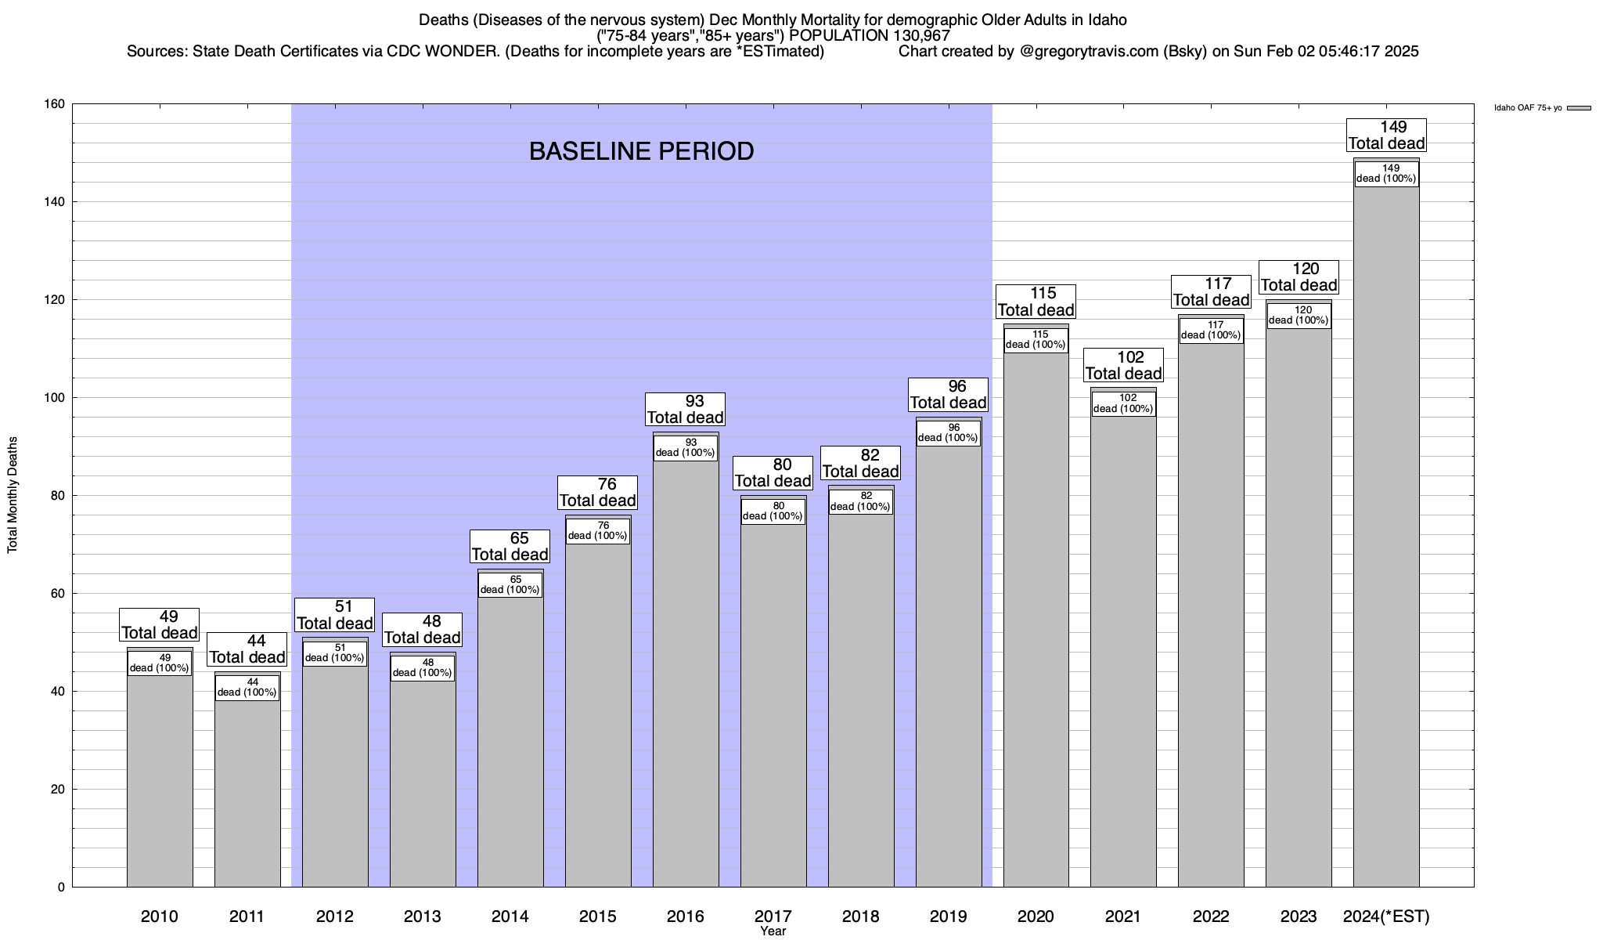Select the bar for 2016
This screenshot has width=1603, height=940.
686,674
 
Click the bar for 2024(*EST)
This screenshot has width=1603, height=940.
1386,548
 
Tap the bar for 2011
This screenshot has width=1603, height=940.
247,791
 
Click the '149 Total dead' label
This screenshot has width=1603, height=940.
1386,136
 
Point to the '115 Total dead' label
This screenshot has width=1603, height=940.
1036,302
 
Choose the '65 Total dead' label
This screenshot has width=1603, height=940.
510,547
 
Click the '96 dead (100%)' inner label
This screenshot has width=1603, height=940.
949,433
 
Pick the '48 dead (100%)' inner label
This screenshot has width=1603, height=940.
423,668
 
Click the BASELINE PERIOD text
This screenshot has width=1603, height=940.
641,151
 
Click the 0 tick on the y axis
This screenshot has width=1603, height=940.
61,888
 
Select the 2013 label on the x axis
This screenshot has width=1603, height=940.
423,916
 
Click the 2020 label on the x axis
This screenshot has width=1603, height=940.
1036,916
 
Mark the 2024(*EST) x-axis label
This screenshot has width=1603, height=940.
1386,916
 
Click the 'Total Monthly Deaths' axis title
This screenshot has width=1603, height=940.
13,495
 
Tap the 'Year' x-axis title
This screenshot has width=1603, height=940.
773,931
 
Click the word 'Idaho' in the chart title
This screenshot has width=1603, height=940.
1108,20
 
